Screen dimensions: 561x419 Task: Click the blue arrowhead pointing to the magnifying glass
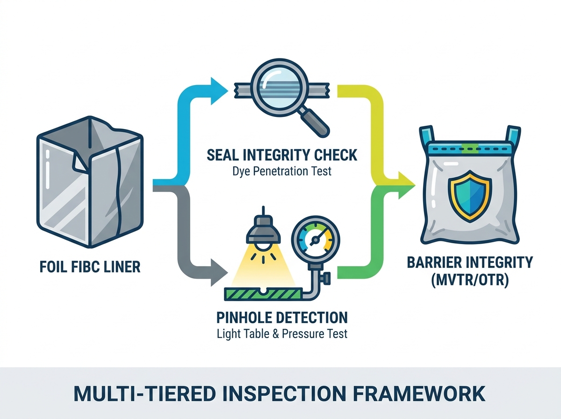pos(218,91)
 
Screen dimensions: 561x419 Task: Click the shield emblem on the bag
pos(470,196)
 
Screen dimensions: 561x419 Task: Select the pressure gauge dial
pos(316,239)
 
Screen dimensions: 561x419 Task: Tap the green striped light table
pos(263,294)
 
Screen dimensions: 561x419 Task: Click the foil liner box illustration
pos(90,182)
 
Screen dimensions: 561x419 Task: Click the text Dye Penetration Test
pos(281,171)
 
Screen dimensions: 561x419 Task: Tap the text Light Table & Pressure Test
pos(282,334)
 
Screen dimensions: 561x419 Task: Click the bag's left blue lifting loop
pos(426,136)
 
